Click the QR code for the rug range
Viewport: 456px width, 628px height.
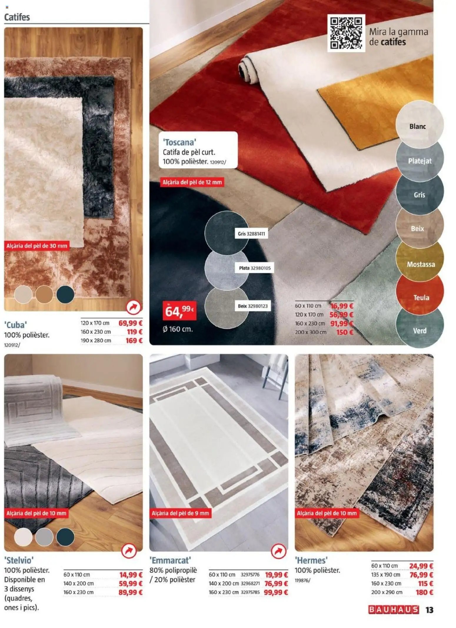(x=346, y=33)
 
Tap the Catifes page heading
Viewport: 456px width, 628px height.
(x=17, y=17)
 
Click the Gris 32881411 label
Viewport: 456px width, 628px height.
(x=251, y=234)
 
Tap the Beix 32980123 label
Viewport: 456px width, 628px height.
(x=253, y=306)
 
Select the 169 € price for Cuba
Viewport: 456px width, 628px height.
(x=134, y=341)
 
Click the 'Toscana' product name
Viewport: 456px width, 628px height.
(x=179, y=142)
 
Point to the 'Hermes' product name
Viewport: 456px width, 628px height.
(x=311, y=560)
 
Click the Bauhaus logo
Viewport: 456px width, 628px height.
(x=393, y=610)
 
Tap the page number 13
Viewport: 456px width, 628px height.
(x=430, y=610)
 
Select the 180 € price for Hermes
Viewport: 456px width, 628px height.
(x=425, y=592)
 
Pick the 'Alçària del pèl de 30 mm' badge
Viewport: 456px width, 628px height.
(x=37, y=246)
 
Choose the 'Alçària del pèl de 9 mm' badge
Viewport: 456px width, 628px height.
(x=180, y=513)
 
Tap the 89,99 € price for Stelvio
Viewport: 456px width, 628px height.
(x=131, y=592)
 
